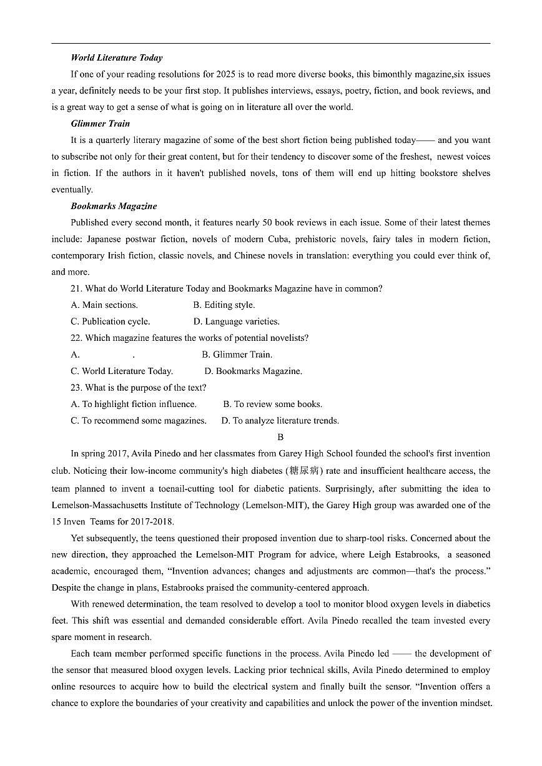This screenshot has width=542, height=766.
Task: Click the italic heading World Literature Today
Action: click(116, 57)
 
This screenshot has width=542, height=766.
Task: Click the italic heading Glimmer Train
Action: click(100, 124)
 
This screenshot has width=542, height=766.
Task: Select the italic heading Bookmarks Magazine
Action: click(114, 206)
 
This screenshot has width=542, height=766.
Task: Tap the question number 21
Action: click(76, 288)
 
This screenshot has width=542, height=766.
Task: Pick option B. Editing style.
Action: click(224, 305)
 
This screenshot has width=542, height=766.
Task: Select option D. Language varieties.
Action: click(236, 322)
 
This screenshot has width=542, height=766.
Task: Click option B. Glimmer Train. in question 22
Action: click(237, 355)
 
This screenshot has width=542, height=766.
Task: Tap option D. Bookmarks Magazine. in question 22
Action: click(253, 371)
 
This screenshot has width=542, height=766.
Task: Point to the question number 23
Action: click(76, 388)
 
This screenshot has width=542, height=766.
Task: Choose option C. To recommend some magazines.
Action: click(139, 421)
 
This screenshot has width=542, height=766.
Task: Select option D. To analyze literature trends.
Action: click(280, 421)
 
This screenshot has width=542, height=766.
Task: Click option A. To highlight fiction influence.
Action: click(134, 404)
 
